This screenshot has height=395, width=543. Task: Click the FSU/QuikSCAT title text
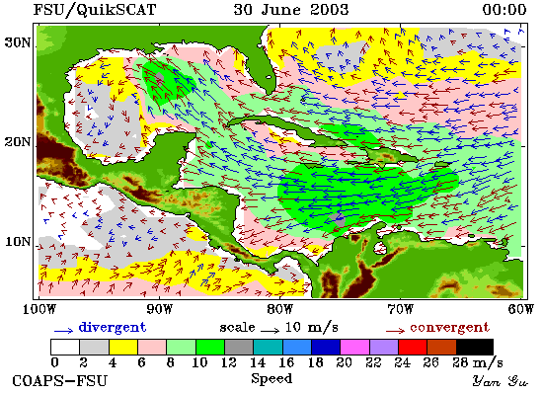pos(95,10)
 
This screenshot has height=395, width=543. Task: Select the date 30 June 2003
pos(291,9)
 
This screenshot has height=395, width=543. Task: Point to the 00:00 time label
pos(504,9)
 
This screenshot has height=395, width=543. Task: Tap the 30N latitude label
pos(18,42)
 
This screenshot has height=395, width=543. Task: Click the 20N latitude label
pos(18,142)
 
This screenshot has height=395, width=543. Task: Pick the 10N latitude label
pos(18,242)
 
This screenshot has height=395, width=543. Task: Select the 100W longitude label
pos(39,309)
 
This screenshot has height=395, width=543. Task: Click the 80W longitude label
pos(279,309)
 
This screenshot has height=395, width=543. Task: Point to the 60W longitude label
pos(520,309)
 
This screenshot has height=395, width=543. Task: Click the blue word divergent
pos(113,328)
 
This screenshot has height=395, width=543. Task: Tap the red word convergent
pos(449,328)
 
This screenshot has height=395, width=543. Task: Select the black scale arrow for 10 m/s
pos(271,331)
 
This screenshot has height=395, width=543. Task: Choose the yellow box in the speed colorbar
pos(123,347)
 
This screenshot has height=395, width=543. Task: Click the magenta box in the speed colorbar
pos(355,347)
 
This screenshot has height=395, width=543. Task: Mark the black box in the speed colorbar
pos(475,347)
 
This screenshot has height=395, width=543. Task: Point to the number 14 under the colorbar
pos(258,362)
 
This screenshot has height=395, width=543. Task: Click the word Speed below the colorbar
pos(271,379)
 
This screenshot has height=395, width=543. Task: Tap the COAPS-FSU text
pos(60,381)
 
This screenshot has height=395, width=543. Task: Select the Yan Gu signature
pos(501,381)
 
